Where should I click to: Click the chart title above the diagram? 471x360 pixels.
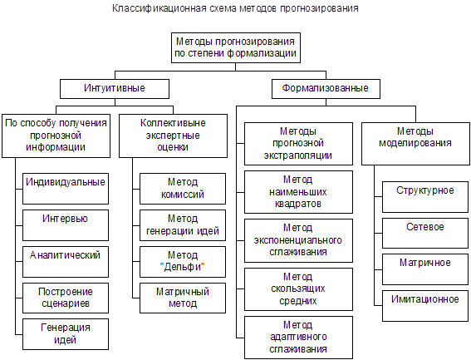[x=235, y=8]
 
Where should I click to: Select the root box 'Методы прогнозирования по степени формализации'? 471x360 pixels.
[x=236, y=48]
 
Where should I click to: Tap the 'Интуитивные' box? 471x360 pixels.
[x=115, y=89]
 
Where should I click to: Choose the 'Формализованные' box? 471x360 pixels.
[x=326, y=89]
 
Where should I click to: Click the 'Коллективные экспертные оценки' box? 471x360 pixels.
[x=173, y=136]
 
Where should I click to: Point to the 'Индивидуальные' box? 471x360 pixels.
[x=66, y=189]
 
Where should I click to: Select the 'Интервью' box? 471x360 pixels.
[x=66, y=225]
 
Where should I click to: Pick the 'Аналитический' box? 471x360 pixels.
[x=66, y=262]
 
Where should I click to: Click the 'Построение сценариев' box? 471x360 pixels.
[x=66, y=298]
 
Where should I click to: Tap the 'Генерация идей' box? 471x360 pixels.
[x=66, y=334]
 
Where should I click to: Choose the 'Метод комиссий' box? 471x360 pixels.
[x=183, y=189]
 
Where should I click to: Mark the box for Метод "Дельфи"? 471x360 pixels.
[x=183, y=262]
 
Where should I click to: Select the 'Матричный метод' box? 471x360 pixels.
[x=183, y=298]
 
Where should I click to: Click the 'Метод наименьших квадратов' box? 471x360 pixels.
[x=298, y=192]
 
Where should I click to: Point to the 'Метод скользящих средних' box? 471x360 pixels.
[x=298, y=289]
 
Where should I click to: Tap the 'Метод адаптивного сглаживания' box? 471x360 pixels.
[x=298, y=338]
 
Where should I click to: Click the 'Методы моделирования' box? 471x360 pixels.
[x=415, y=144]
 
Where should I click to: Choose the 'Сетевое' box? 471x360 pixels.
[x=425, y=233]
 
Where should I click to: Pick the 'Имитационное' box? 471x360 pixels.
[x=425, y=306]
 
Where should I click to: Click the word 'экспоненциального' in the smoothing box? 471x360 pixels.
[x=298, y=240]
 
